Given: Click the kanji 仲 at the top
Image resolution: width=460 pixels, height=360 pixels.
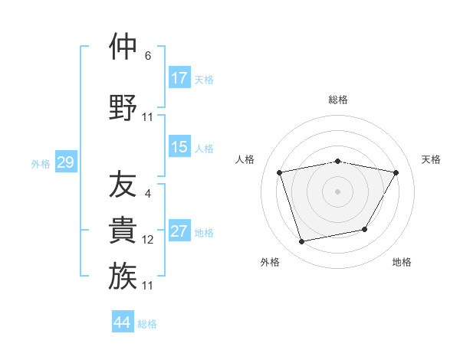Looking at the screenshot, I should (x=123, y=47).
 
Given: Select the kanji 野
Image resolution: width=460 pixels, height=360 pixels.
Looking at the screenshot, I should (x=123, y=108).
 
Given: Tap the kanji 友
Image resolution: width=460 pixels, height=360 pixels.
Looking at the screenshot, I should (x=123, y=184).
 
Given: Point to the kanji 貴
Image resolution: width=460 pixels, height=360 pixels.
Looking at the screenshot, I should (x=123, y=231).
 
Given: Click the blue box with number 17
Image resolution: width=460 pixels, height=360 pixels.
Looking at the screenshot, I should (x=179, y=78).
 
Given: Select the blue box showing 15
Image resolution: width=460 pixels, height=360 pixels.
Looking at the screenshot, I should (x=179, y=147).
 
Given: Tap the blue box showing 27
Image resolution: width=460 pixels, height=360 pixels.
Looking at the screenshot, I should (x=179, y=231).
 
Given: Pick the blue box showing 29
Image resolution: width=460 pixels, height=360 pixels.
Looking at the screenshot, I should (x=65, y=162).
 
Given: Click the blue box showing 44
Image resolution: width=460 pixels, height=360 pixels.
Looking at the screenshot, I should (x=123, y=322).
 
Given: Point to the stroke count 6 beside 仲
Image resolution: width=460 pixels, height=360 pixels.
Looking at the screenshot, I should (x=148, y=56).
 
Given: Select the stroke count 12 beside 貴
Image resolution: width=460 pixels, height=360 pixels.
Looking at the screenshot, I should (x=148, y=240).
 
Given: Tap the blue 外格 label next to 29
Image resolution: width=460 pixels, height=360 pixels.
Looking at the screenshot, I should (x=41, y=163).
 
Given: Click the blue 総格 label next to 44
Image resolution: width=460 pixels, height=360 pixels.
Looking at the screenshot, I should (x=147, y=324).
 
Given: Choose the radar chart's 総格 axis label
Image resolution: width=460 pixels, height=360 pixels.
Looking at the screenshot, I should (x=338, y=100).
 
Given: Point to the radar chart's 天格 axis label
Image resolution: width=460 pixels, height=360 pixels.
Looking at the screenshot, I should (x=432, y=159).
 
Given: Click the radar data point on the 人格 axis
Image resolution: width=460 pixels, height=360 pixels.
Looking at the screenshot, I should (x=280, y=172).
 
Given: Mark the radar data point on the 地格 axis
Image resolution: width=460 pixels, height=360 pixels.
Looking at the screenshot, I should (x=365, y=229).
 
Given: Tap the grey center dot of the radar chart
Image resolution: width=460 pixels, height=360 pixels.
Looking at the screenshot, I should (x=338, y=191).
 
